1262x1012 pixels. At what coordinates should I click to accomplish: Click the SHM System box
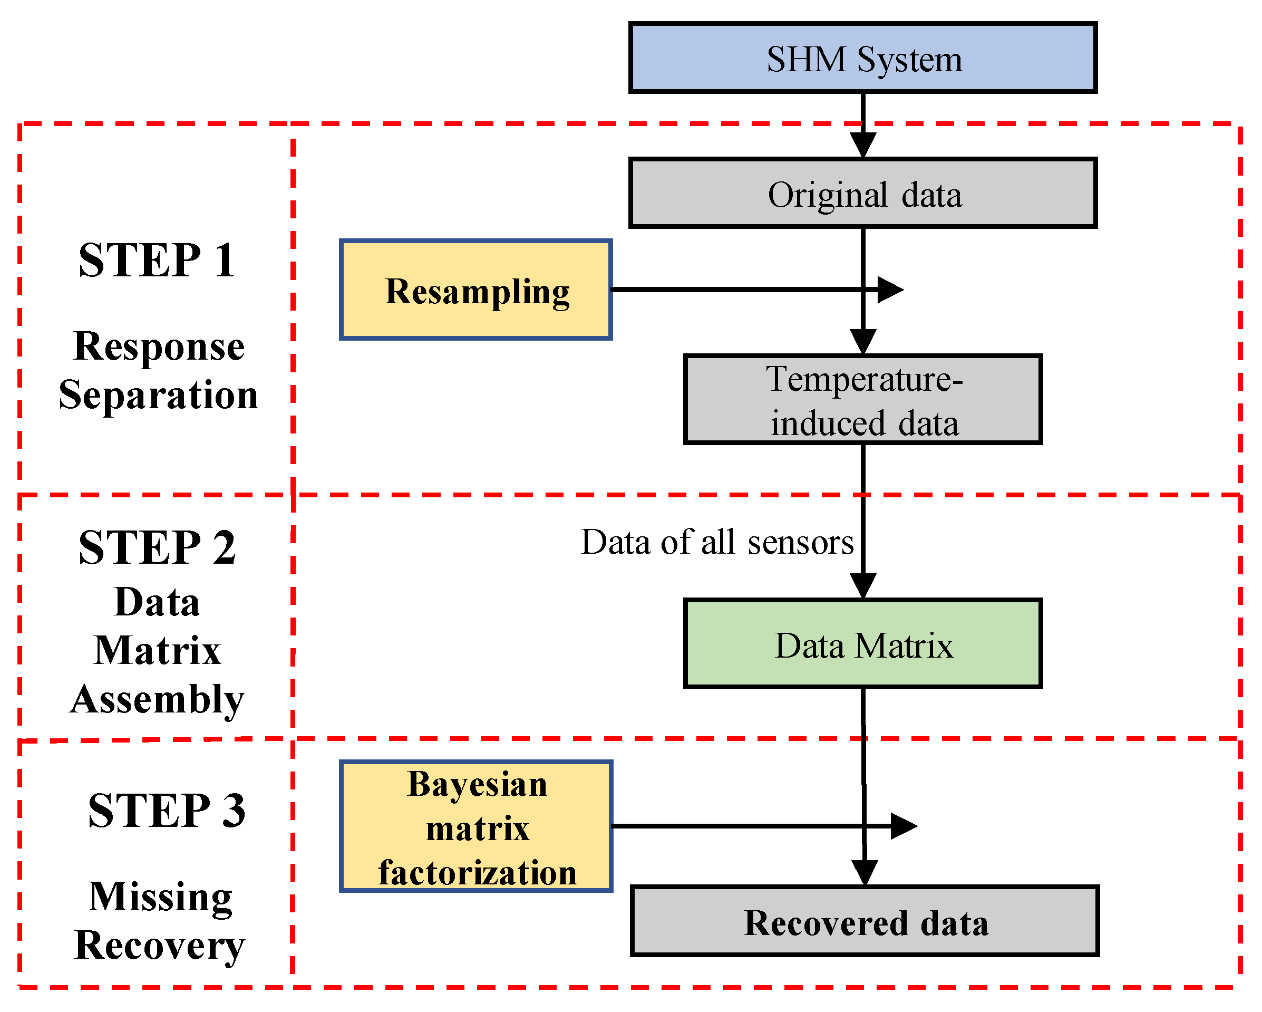coord(862,58)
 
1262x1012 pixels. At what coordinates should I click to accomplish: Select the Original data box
coord(862,192)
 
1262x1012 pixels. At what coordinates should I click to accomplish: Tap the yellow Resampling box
coord(476,290)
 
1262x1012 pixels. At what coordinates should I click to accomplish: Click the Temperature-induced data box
coord(862,399)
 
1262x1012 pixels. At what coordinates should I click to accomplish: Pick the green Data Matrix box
coord(862,643)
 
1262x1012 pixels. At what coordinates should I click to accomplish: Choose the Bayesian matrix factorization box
coord(476,826)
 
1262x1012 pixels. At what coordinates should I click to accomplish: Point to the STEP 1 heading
coord(157,260)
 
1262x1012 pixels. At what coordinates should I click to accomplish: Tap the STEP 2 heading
coord(157,547)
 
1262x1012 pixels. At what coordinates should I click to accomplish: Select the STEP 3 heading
coord(166,811)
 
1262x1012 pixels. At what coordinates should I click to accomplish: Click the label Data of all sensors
coord(717,542)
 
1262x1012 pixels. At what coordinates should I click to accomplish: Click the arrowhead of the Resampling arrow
coord(891,290)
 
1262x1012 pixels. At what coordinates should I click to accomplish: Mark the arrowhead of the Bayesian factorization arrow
coord(904,826)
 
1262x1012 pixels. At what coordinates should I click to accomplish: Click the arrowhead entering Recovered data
coord(865,873)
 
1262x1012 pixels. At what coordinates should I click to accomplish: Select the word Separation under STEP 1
coord(158,394)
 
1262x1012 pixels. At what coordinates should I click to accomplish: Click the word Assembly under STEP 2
coord(157,699)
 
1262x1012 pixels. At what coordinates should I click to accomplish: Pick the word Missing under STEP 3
coord(160,897)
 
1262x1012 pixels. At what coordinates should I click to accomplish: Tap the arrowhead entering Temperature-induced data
coord(863,341)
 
